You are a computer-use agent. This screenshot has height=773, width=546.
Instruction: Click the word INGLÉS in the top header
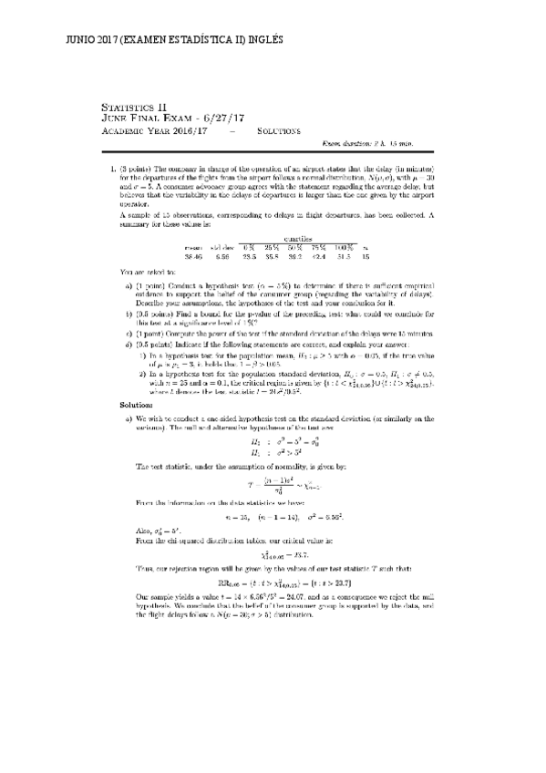coord(262,40)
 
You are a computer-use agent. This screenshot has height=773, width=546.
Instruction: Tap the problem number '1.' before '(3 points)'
coord(111,170)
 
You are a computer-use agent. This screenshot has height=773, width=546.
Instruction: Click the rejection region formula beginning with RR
coord(274,557)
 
